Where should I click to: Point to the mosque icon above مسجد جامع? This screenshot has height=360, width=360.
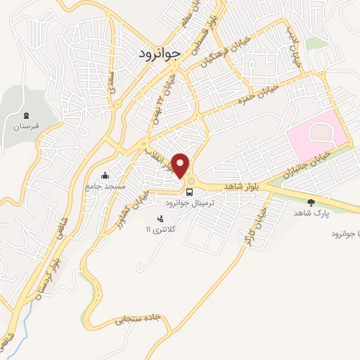pyautogui.click(x=105, y=176)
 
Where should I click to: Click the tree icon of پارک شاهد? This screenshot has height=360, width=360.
pyautogui.click(x=310, y=202)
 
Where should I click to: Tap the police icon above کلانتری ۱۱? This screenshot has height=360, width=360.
pyautogui.click(x=160, y=219)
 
